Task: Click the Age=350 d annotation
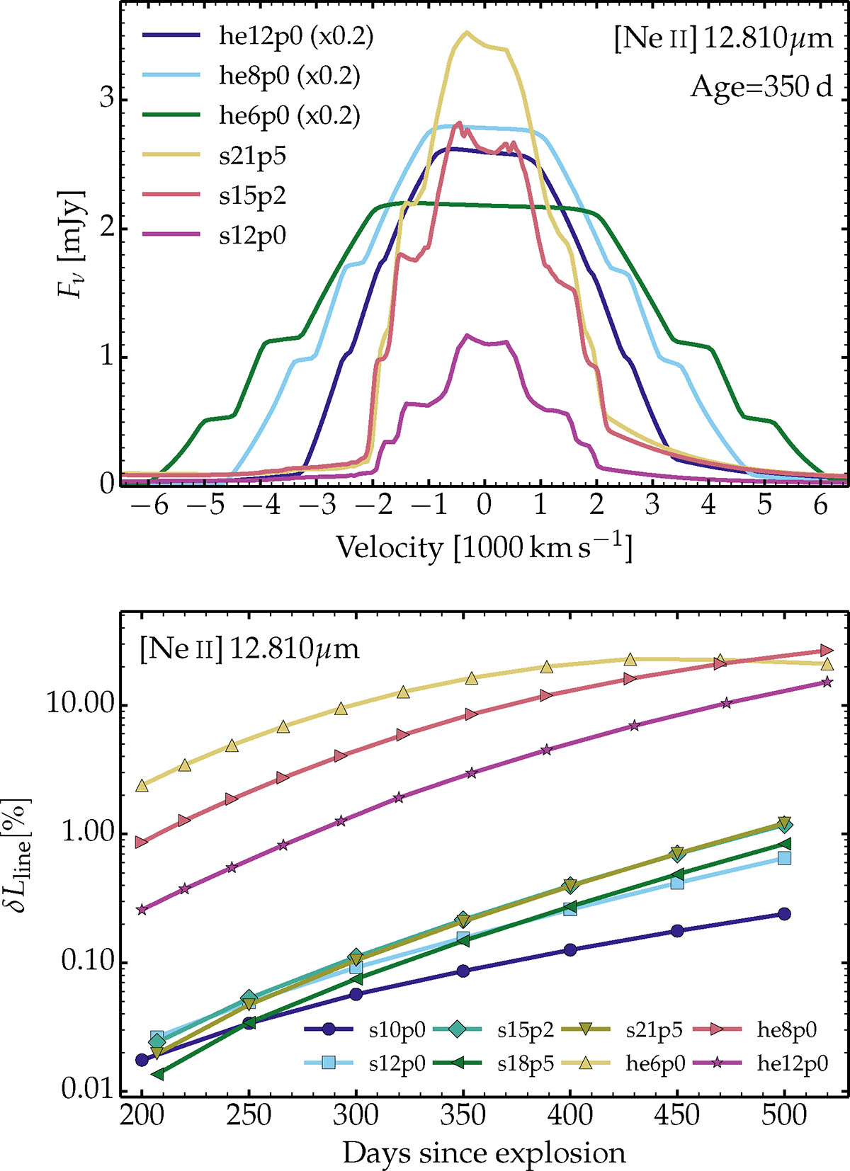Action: coord(761,87)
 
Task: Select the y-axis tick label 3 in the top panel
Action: coord(106,100)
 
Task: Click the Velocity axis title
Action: coord(483,547)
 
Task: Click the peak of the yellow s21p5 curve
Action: coord(466,33)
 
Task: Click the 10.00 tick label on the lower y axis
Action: coord(79,706)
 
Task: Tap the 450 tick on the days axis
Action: coord(677,1116)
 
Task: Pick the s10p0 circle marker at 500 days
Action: coord(783,914)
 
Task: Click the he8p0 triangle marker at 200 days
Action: coord(142,842)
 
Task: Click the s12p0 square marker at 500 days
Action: coord(783,858)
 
